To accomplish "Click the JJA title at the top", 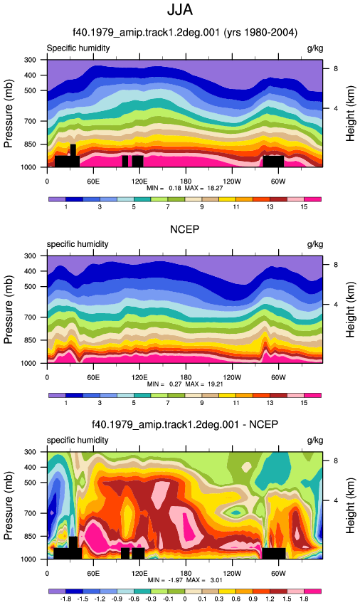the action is (x=180, y=10).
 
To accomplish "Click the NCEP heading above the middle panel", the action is (x=185, y=229).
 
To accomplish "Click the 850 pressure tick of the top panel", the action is (x=31, y=144).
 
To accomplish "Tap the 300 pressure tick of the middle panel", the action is (x=31, y=256).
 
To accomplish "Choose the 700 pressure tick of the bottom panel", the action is (x=31, y=513).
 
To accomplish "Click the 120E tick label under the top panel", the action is (x=139, y=181).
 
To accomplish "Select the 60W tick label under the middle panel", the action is (x=277, y=377).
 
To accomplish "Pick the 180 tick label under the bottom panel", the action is (x=186, y=574).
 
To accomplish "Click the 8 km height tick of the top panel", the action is (x=336, y=68).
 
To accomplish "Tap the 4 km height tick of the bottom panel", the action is (x=336, y=500).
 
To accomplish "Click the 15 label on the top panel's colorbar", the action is (x=304, y=207).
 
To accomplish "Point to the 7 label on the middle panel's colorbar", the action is (x=168, y=403).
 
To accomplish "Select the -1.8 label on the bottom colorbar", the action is (x=65, y=599).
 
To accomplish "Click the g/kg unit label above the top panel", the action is (x=315, y=48).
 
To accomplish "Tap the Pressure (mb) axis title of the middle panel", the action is (x=9, y=310).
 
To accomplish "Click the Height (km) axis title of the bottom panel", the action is (x=350, y=505).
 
